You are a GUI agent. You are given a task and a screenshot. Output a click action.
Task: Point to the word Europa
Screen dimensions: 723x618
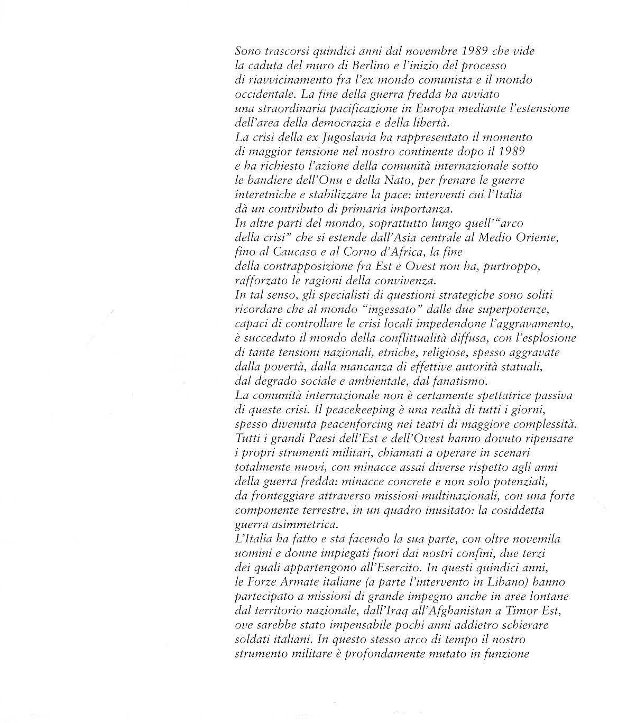[x=429, y=109]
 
